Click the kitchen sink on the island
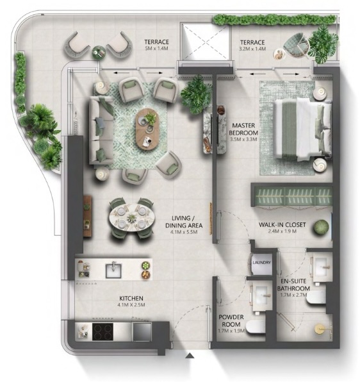[113, 270]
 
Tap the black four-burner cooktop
[102, 331]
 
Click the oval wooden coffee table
[148, 129]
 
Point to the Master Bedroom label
[243, 129]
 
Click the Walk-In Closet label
[282, 224]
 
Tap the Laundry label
[261, 262]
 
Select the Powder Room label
[231, 320]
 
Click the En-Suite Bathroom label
[293, 285]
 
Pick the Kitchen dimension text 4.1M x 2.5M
[131, 305]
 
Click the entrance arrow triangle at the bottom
[190, 356]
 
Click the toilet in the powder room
[255, 327]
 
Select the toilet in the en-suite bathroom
[315, 297]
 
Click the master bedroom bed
[303, 129]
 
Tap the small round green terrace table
[99, 52]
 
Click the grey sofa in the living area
[101, 130]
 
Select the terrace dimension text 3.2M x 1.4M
[252, 49]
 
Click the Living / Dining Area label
[184, 222]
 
